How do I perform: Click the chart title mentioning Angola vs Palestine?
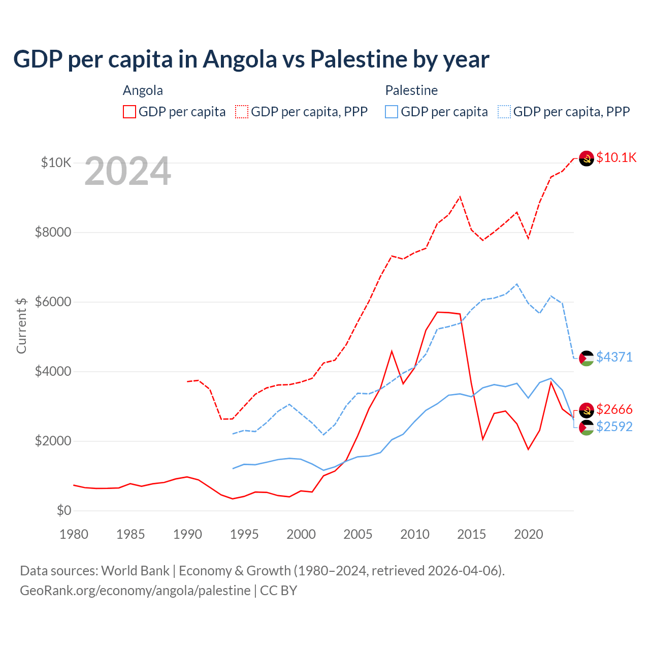251,59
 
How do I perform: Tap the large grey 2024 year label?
127,171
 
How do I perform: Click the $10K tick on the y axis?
56,162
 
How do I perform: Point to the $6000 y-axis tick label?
53,302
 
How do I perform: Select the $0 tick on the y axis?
63,510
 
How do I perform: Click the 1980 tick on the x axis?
74,534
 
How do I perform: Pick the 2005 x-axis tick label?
358,534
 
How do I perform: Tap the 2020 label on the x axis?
529,534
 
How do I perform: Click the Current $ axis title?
21,326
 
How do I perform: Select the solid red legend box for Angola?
129,112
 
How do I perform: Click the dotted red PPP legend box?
242,112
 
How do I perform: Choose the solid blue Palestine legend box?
392,112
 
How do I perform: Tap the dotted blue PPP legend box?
504,112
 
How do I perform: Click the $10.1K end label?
616,157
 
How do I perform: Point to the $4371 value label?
614,357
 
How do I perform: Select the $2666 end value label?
614,409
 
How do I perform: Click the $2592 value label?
614,427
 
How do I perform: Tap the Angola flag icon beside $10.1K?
587,158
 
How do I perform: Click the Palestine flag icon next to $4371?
587,358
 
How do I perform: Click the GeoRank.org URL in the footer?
135,591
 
